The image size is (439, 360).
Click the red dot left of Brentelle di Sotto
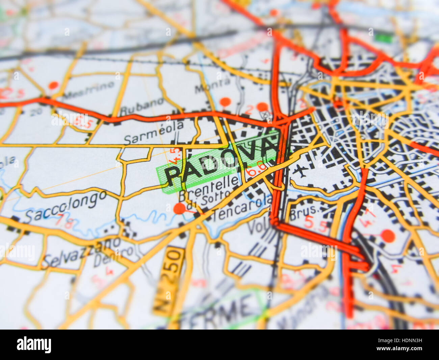pos(179,209)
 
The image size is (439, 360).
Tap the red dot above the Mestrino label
pos(53,85)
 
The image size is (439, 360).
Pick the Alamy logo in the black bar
pos(34,345)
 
